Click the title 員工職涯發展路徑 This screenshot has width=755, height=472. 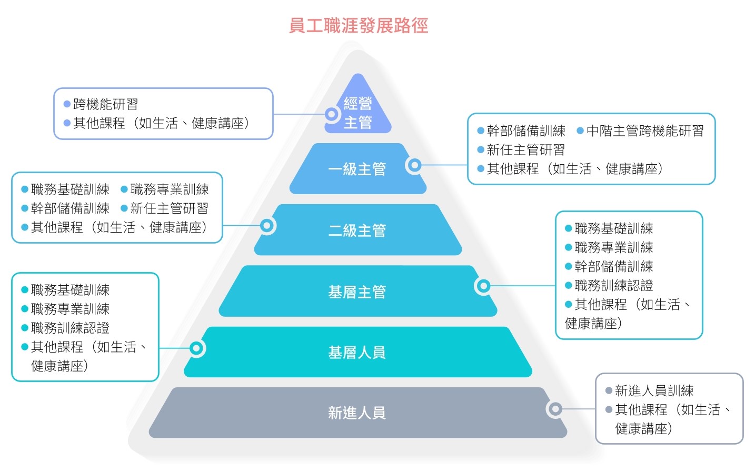coord(359,25)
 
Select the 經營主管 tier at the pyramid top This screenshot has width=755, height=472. coord(358,113)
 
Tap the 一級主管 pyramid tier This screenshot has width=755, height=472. coord(357,169)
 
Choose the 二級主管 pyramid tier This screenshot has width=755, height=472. coord(357,230)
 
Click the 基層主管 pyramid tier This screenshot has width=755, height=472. coord(357,292)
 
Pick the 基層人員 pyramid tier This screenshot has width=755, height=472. coord(357,352)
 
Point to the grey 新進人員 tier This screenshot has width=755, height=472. coord(357,413)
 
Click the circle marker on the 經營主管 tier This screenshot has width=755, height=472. coord(332,114)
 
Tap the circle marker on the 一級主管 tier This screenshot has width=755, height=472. coord(414,165)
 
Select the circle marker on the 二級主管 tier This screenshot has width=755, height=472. coord(267,226)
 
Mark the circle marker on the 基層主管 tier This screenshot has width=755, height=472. coord(483,286)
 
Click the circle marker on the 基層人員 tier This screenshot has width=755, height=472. coord(196,348)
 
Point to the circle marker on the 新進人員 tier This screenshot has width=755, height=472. coord(554,409)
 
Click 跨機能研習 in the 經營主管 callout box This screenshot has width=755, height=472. coord(105,104)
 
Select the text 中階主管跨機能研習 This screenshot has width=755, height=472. coord(645,131)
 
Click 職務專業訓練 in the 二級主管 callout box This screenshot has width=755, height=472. coord(170,189)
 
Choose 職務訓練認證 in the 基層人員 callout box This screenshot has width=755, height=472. coord(70,328)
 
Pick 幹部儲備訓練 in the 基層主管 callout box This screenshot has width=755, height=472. coord(614,266)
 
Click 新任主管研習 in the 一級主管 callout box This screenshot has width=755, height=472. coord(525,150)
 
